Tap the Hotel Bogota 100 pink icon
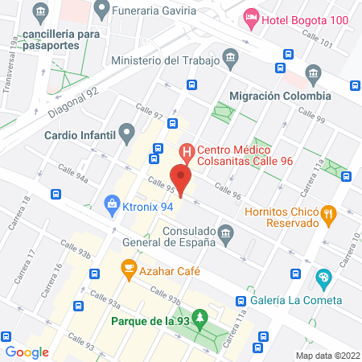[x=250, y=18]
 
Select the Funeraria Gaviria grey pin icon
[x=101, y=10]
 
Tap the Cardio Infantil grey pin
[x=126, y=132]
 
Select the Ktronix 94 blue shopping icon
[x=109, y=205]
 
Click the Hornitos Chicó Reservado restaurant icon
[x=328, y=214]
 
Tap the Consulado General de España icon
[x=226, y=235]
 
